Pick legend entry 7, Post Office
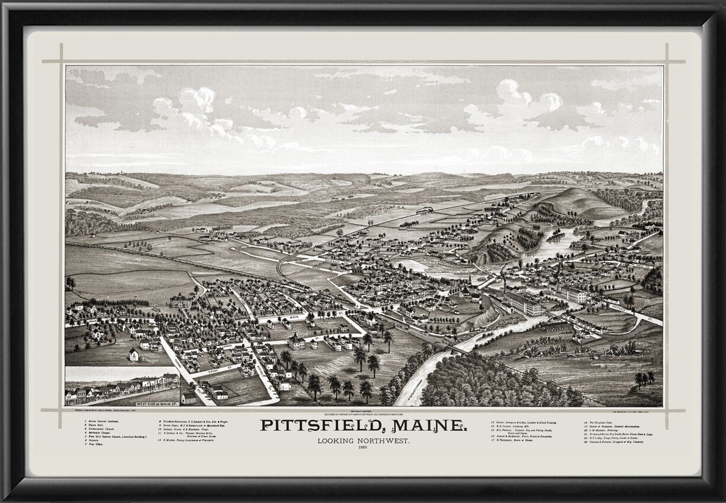click(x=95, y=444)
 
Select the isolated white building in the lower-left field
click(x=134, y=354)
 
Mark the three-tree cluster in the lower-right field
click(x=644, y=377)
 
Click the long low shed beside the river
click(x=555, y=327)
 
